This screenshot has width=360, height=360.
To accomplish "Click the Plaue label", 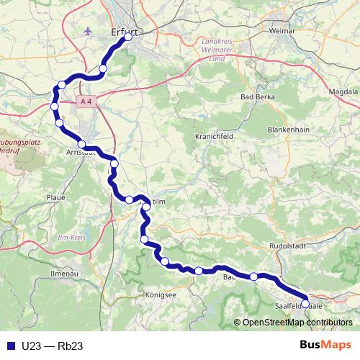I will click(55, 197).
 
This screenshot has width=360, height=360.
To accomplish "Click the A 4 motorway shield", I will click(86, 102).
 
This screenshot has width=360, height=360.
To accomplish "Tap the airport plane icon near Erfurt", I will click(88, 32).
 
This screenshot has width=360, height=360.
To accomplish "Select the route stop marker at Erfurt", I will click(128, 37).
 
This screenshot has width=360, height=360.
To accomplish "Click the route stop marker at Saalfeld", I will click(305, 303).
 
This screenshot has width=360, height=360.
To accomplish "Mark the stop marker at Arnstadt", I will click(82, 144).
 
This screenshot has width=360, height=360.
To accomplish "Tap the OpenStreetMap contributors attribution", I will click(296, 322).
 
